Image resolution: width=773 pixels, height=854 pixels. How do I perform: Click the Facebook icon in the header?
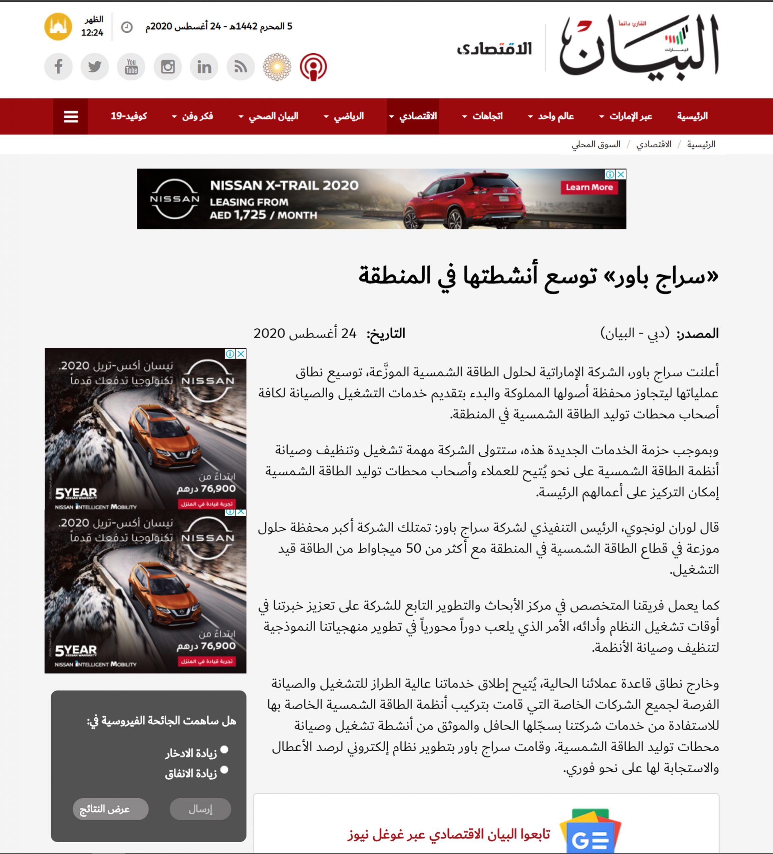pos(58,66)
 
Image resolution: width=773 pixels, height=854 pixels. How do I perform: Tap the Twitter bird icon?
pos(95,66)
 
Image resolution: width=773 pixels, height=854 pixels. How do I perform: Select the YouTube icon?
pos(131,66)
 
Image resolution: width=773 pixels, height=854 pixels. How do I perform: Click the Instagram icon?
pos(168,66)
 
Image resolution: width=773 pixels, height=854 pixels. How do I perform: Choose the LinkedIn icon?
pos(204,66)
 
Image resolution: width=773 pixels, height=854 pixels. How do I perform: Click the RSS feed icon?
pos(241,66)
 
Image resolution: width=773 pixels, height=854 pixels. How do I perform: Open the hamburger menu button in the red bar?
pos(71,116)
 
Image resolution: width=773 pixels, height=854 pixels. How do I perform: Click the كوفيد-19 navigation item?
pos(129,116)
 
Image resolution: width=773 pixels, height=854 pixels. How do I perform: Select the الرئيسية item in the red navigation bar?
pos(692,116)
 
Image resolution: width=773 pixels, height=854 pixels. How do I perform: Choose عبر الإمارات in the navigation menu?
pos(630,116)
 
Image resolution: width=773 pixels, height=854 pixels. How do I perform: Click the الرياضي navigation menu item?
pos(349,116)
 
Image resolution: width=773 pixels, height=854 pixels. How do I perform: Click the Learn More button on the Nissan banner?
pos(589,187)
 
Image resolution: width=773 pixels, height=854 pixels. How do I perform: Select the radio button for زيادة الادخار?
pos(225,749)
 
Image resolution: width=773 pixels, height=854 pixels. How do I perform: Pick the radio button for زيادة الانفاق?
pos(225,770)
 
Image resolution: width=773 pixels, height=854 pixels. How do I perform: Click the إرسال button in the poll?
pos(201,809)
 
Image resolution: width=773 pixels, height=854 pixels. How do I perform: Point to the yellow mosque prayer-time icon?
pos(58,27)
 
